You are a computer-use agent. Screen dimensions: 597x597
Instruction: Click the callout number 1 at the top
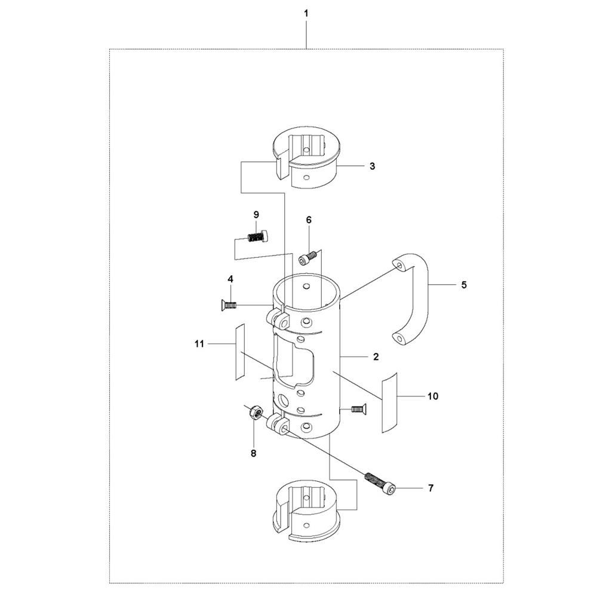click(x=306, y=13)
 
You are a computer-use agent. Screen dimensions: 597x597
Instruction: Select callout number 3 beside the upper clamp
click(x=372, y=166)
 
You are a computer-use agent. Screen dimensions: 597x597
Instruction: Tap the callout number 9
click(x=256, y=215)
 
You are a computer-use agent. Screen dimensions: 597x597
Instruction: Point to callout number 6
click(x=309, y=220)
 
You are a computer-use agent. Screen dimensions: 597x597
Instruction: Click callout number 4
click(x=230, y=279)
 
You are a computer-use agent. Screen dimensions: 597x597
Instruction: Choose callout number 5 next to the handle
click(x=464, y=285)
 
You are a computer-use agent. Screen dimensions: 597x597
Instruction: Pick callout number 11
click(x=199, y=344)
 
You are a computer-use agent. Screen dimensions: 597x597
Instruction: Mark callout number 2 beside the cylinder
click(x=376, y=357)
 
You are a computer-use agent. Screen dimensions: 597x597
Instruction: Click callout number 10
click(x=433, y=396)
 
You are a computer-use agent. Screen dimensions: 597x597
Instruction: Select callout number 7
click(x=430, y=488)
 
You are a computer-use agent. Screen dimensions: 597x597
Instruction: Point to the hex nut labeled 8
click(x=253, y=411)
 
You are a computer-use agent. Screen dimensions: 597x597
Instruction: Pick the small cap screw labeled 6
click(x=307, y=259)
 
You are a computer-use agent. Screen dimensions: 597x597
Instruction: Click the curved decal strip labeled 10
click(x=389, y=402)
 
